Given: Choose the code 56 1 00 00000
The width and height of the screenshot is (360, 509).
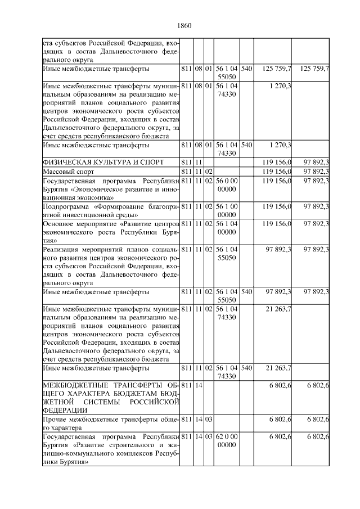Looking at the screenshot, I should [227, 211].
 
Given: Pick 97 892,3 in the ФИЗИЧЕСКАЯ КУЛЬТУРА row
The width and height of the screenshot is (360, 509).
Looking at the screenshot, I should [316, 162].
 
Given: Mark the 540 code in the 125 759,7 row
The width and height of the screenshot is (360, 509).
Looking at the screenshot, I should [246, 69].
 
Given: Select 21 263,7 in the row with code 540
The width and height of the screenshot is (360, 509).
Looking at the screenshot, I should [277, 368].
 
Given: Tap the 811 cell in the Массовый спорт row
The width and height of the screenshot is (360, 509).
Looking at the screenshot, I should [187, 171].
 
